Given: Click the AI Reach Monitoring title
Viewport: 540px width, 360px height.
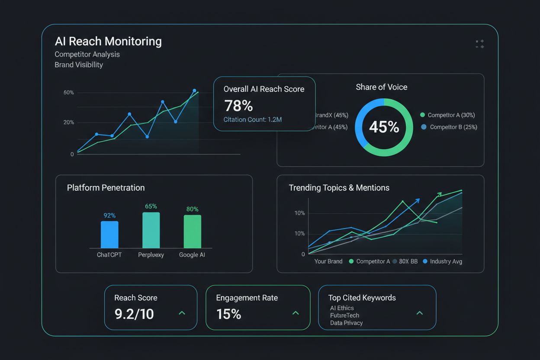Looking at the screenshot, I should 108,42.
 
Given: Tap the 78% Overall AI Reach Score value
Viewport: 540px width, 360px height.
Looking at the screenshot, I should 238,106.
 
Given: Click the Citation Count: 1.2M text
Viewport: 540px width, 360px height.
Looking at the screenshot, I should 252,119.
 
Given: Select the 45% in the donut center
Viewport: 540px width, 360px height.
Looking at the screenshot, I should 384,127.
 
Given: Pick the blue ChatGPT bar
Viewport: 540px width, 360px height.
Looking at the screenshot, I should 109,235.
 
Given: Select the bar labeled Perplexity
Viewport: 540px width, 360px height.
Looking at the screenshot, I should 151,230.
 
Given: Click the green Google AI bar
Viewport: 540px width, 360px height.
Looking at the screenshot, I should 192,231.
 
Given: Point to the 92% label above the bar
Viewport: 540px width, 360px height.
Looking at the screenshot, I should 109,215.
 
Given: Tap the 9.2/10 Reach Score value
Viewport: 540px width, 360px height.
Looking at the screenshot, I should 134,314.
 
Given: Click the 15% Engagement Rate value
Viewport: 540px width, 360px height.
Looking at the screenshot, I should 228,314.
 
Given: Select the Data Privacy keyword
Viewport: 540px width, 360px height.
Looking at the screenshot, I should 346,323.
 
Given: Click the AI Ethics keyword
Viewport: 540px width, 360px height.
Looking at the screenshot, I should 342,308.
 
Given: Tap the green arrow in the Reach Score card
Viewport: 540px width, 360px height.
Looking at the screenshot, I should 182,313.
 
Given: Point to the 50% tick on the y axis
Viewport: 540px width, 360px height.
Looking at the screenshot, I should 69,93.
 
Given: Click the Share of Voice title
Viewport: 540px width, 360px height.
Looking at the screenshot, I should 381,87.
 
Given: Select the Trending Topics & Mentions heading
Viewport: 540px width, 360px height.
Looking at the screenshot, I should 339,188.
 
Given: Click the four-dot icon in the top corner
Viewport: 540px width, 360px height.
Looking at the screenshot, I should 479,44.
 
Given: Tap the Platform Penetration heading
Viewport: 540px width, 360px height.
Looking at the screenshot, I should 106,188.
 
